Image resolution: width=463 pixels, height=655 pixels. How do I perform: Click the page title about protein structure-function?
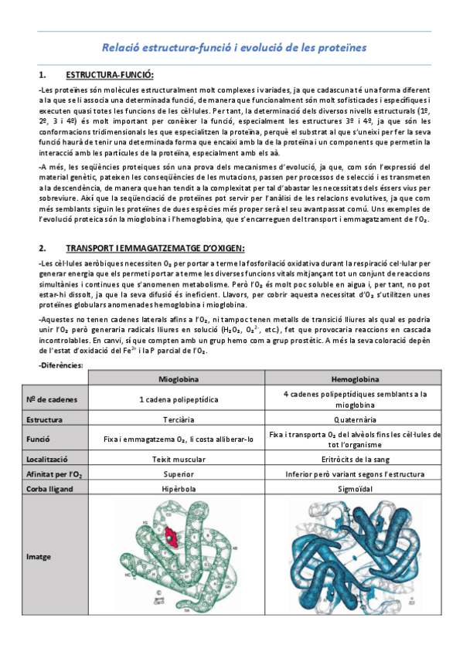[x=234, y=48]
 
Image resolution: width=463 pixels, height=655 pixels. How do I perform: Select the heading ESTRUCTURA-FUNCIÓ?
[x=110, y=75]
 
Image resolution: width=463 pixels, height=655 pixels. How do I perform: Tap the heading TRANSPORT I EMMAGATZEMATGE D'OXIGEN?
[x=155, y=247]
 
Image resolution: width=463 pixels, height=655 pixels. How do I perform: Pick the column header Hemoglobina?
[x=355, y=379]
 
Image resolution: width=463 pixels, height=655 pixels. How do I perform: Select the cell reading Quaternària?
[x=355, y=419]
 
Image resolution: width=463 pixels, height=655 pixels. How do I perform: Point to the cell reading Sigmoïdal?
[x=355, y=487]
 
